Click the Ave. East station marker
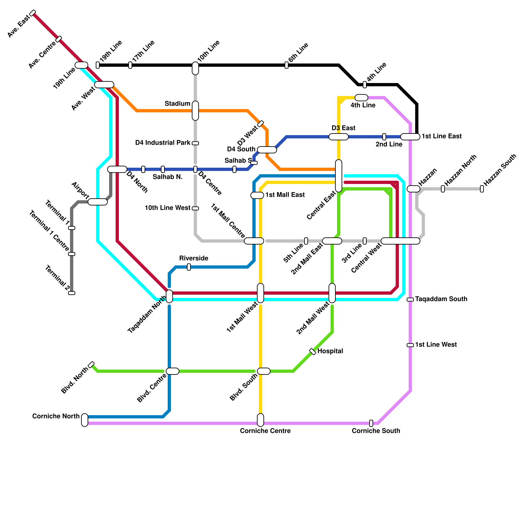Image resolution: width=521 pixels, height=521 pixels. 33,13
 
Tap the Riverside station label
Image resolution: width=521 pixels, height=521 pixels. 193,258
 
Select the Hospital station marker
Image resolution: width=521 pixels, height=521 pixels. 313,352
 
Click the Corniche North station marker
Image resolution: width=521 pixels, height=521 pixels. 85,420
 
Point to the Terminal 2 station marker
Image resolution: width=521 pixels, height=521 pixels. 72,293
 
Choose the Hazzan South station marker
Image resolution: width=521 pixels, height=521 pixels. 482,189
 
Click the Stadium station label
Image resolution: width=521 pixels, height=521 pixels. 177,104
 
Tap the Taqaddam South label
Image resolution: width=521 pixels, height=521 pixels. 441,299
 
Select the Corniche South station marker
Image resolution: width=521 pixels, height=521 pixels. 371,423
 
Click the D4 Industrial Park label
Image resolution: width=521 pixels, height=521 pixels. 162,143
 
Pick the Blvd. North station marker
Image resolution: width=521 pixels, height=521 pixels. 92,365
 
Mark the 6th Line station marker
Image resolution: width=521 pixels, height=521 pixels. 287,65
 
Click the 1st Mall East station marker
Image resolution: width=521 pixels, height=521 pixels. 257,195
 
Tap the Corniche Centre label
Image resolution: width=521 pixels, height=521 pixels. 265,431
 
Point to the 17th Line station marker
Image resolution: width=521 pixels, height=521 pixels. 130,65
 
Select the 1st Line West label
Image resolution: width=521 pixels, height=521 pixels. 436,345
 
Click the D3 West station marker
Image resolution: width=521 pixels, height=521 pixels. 260,124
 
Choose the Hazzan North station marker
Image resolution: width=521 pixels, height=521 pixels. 443,189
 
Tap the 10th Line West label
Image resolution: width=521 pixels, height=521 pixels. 167,208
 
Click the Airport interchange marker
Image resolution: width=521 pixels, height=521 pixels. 98,202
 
